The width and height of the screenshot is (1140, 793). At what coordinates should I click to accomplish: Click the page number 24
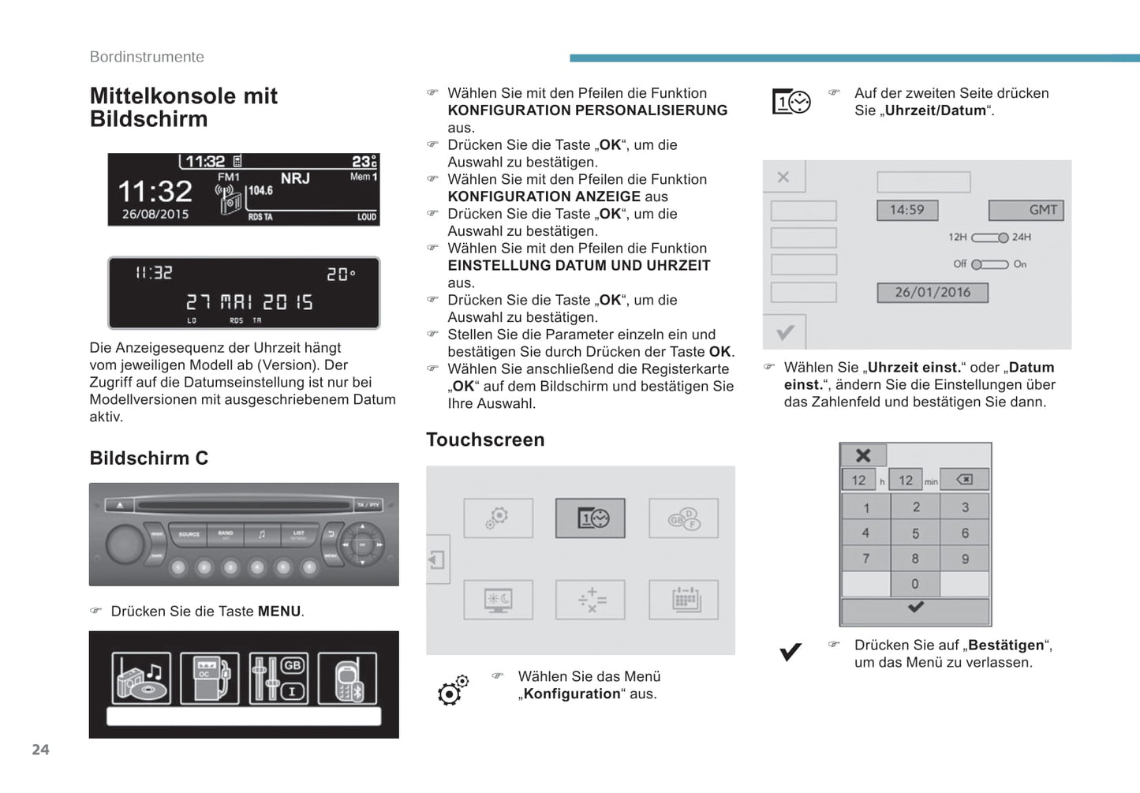pyautogui.click(x=40, y=750)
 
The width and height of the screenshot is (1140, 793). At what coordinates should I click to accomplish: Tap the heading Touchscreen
pyautogui.click(x=485, y=440)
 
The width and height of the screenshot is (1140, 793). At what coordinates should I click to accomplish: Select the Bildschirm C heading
pyautogui.click(x=149, y=458)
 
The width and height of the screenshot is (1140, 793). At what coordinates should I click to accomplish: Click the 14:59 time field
pyautogui.click(x=906, y=210)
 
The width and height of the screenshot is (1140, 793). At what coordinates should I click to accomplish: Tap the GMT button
pyautogui.click(x=1026, y=210)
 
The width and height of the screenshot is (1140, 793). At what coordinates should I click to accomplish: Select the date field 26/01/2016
pyautogui.click(x=933, y=293)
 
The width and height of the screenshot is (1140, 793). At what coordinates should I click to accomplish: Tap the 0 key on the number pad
pyautogui.click(x=915, y=584)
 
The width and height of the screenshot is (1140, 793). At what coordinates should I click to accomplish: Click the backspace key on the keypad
pyautogui.click(x=964, y=479)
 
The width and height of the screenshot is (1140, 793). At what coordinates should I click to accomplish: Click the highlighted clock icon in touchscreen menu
pyautogui.click(x=590, y=518)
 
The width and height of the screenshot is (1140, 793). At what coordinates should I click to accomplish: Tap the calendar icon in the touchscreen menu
pyautogui.click(x=684, y=600)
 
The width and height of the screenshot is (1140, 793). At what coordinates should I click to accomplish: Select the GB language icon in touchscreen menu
pyautogui.click(x=684, y=518)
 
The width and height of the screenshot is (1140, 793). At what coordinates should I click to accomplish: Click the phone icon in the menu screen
pyautogui.click(x=347, y=679)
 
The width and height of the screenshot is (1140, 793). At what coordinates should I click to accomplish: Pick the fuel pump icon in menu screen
pyautogui.click(x=210, y=679)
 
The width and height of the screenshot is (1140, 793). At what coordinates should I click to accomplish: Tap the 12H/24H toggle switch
pyautogui.click(x=989, y=238)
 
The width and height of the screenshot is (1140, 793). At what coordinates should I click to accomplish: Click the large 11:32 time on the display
pyautogui.click(x=155, y=191)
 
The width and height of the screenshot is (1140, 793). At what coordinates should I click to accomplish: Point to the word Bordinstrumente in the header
pyautogui.click(x=147, y=57)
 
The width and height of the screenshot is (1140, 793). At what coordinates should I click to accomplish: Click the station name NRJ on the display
pyautogui.click(x=295, y=178)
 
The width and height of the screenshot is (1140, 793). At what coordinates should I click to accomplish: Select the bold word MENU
pyautogui.click(x=279, y=612)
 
